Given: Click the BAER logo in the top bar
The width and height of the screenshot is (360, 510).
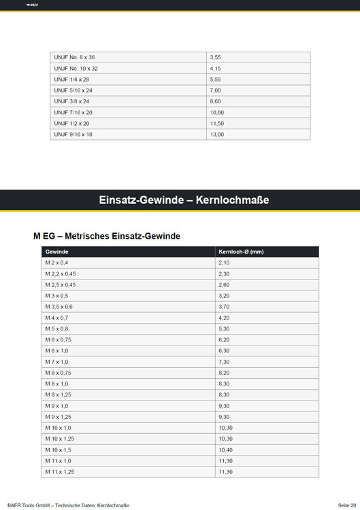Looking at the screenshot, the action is point(32,5).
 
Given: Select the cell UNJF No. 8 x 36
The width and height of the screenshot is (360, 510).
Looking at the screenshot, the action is point(75,57).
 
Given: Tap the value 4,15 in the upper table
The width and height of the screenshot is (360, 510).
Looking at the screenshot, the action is point(216,69).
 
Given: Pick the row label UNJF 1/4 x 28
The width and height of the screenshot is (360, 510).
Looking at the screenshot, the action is point(71,80).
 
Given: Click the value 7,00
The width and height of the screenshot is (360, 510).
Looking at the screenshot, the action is point(216,90).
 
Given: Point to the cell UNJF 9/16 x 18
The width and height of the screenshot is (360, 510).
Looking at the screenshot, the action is point(73,135).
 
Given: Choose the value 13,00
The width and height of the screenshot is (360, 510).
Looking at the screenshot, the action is point(217,135).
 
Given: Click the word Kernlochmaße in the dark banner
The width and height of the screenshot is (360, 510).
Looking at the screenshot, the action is point(232,200).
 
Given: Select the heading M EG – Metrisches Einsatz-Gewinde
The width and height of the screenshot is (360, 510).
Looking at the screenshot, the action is point(107,236).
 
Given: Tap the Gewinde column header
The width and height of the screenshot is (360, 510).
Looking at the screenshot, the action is point(56,252).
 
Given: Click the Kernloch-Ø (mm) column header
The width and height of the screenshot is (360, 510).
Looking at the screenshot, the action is point(241,252).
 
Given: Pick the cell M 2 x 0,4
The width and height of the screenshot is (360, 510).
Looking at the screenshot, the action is point(57,262).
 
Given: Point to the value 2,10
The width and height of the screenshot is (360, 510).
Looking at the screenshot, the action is point(225,262).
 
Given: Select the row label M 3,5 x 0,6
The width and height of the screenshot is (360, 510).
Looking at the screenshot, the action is point(59,307).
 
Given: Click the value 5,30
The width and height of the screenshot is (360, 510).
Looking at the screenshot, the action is point(225,328).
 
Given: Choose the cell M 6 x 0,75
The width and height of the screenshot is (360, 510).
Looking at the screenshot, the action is point(59,339).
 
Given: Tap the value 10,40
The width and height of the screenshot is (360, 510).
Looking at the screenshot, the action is point(226,449).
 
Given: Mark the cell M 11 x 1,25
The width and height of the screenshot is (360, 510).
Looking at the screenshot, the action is point(60,471).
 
